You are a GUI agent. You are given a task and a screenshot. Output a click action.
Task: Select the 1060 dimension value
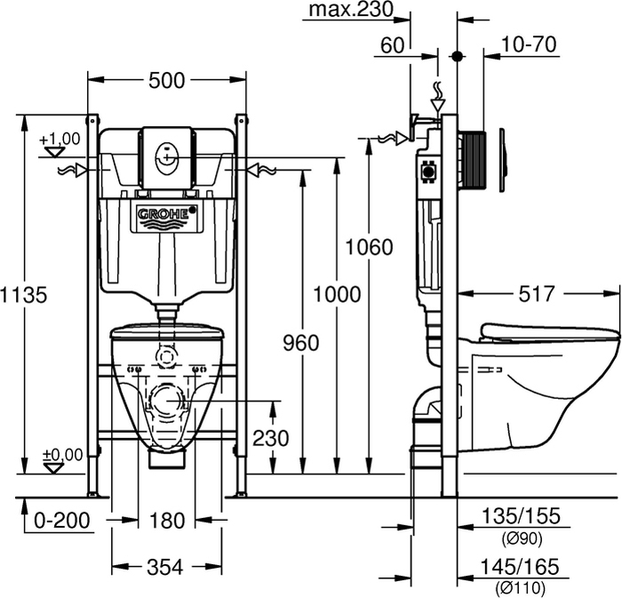(368, 247)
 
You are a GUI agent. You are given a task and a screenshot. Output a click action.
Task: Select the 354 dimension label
(165, 566)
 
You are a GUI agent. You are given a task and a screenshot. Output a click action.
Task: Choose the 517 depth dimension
(537, 293)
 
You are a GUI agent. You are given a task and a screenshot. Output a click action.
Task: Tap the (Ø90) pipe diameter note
(519, 538)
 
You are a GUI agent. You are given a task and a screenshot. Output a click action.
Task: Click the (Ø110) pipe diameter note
(519, 587)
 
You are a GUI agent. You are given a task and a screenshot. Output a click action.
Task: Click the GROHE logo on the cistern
(165, 214)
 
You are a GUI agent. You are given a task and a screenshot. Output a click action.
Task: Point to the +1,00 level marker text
(60, 138)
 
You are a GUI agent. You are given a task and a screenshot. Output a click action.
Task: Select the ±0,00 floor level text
(62, 454)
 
